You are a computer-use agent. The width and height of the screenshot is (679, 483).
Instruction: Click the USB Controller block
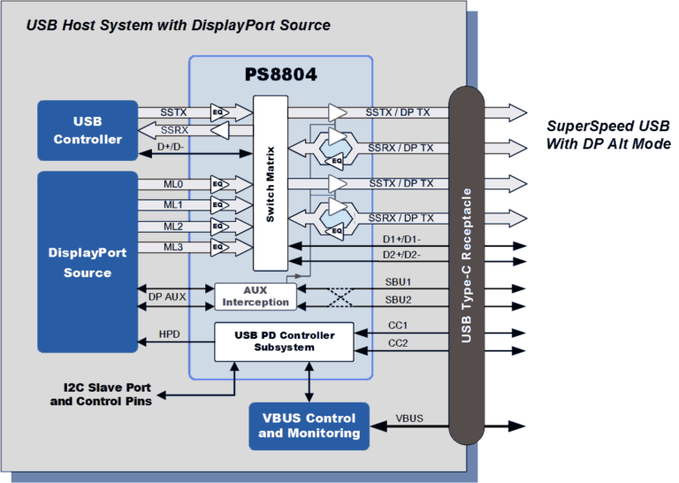tap(87, 130)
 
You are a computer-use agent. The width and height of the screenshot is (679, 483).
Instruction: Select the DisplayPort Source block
tap(87, 263)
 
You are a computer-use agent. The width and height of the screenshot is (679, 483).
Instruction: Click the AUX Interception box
tap(255, 296)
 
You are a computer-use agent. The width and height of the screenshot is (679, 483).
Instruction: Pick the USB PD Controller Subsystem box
tap(284, 341)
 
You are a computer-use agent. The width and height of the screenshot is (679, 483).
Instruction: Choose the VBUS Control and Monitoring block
tap(309, 425)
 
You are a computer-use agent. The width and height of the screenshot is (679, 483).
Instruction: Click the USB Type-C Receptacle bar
tap(466, 265)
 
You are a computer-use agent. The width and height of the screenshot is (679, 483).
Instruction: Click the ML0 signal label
tap(173, 184)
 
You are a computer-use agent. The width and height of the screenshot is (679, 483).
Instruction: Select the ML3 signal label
tap(173, 247)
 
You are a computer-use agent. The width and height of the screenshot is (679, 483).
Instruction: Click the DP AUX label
tap(167, 297)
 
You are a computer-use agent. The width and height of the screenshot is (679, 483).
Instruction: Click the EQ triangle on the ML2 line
tap(217, 226)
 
